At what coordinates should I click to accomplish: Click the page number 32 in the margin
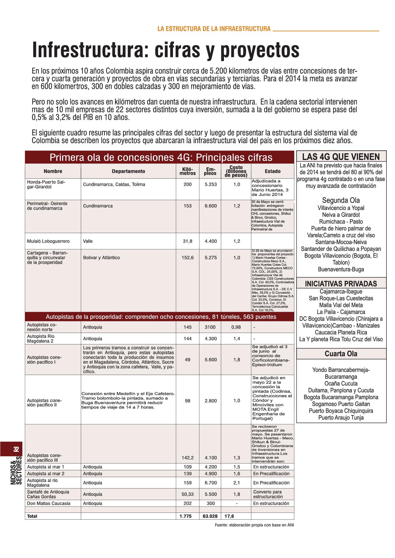coord(16,449)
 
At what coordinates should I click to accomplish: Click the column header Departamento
coord(128,171)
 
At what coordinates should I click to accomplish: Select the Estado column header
coord(273,171)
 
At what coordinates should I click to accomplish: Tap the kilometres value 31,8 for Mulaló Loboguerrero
coord(188,241)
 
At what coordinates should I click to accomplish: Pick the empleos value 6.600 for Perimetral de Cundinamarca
coord(211,206)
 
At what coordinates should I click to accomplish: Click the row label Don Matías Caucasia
coord(49,503)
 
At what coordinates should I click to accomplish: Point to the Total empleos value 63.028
coord(210,516)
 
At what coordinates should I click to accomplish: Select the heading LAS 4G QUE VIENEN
coord(341,157)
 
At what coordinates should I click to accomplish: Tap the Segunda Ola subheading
coord(341,200)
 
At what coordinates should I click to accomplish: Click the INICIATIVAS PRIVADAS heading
coord(341,284)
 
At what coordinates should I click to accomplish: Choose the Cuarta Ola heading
coord(341,354)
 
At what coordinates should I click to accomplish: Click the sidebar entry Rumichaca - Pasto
coord(341,222)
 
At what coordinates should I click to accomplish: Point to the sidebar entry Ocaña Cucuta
coord(341,383)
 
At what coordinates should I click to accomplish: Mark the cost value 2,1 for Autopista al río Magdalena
coord(236,483)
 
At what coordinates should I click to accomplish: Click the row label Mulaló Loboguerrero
coord(48,241)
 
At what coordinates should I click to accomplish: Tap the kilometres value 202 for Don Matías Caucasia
coord(188,503)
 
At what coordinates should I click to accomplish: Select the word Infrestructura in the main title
coord(90,50)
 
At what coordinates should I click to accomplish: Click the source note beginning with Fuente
coord(255,525)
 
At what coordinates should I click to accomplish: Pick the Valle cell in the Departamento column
coord(88,241)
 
